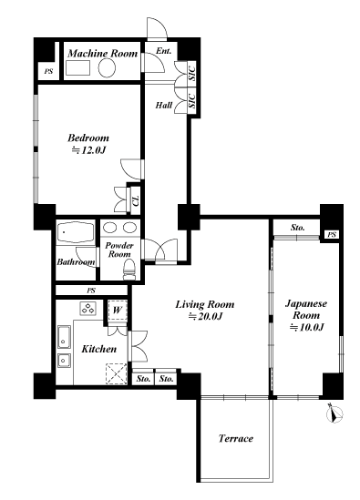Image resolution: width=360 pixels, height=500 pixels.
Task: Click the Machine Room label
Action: tap(102, 53)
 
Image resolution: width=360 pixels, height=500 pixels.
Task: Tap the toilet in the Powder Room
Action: tap(129, 270)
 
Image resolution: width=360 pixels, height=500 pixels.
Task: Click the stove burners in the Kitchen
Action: tap(87, 309)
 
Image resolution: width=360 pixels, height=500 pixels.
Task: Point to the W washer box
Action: tap(118, 310)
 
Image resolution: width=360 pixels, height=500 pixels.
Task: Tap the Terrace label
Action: tap(236, 438)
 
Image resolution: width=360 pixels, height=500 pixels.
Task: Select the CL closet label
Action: tap(136, 200)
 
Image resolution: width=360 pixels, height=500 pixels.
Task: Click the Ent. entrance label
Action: tap(164, 51)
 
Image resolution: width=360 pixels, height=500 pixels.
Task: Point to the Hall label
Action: tap(164, 105)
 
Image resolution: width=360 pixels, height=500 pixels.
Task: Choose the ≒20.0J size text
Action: tap(205, 316)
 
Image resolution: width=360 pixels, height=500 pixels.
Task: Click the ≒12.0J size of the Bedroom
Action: tap(88, 150)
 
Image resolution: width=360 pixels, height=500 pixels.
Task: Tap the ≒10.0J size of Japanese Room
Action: tap(307, 327)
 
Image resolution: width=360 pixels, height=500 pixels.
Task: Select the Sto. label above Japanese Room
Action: tap(297, 228)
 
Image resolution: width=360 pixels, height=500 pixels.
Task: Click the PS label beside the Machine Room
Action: tap(48, 72)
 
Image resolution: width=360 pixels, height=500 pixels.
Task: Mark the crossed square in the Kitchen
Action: tap(116, 373)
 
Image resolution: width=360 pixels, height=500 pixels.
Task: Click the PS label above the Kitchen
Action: tap(91, 291)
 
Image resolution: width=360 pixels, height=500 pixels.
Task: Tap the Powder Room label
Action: tap(119, 250)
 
